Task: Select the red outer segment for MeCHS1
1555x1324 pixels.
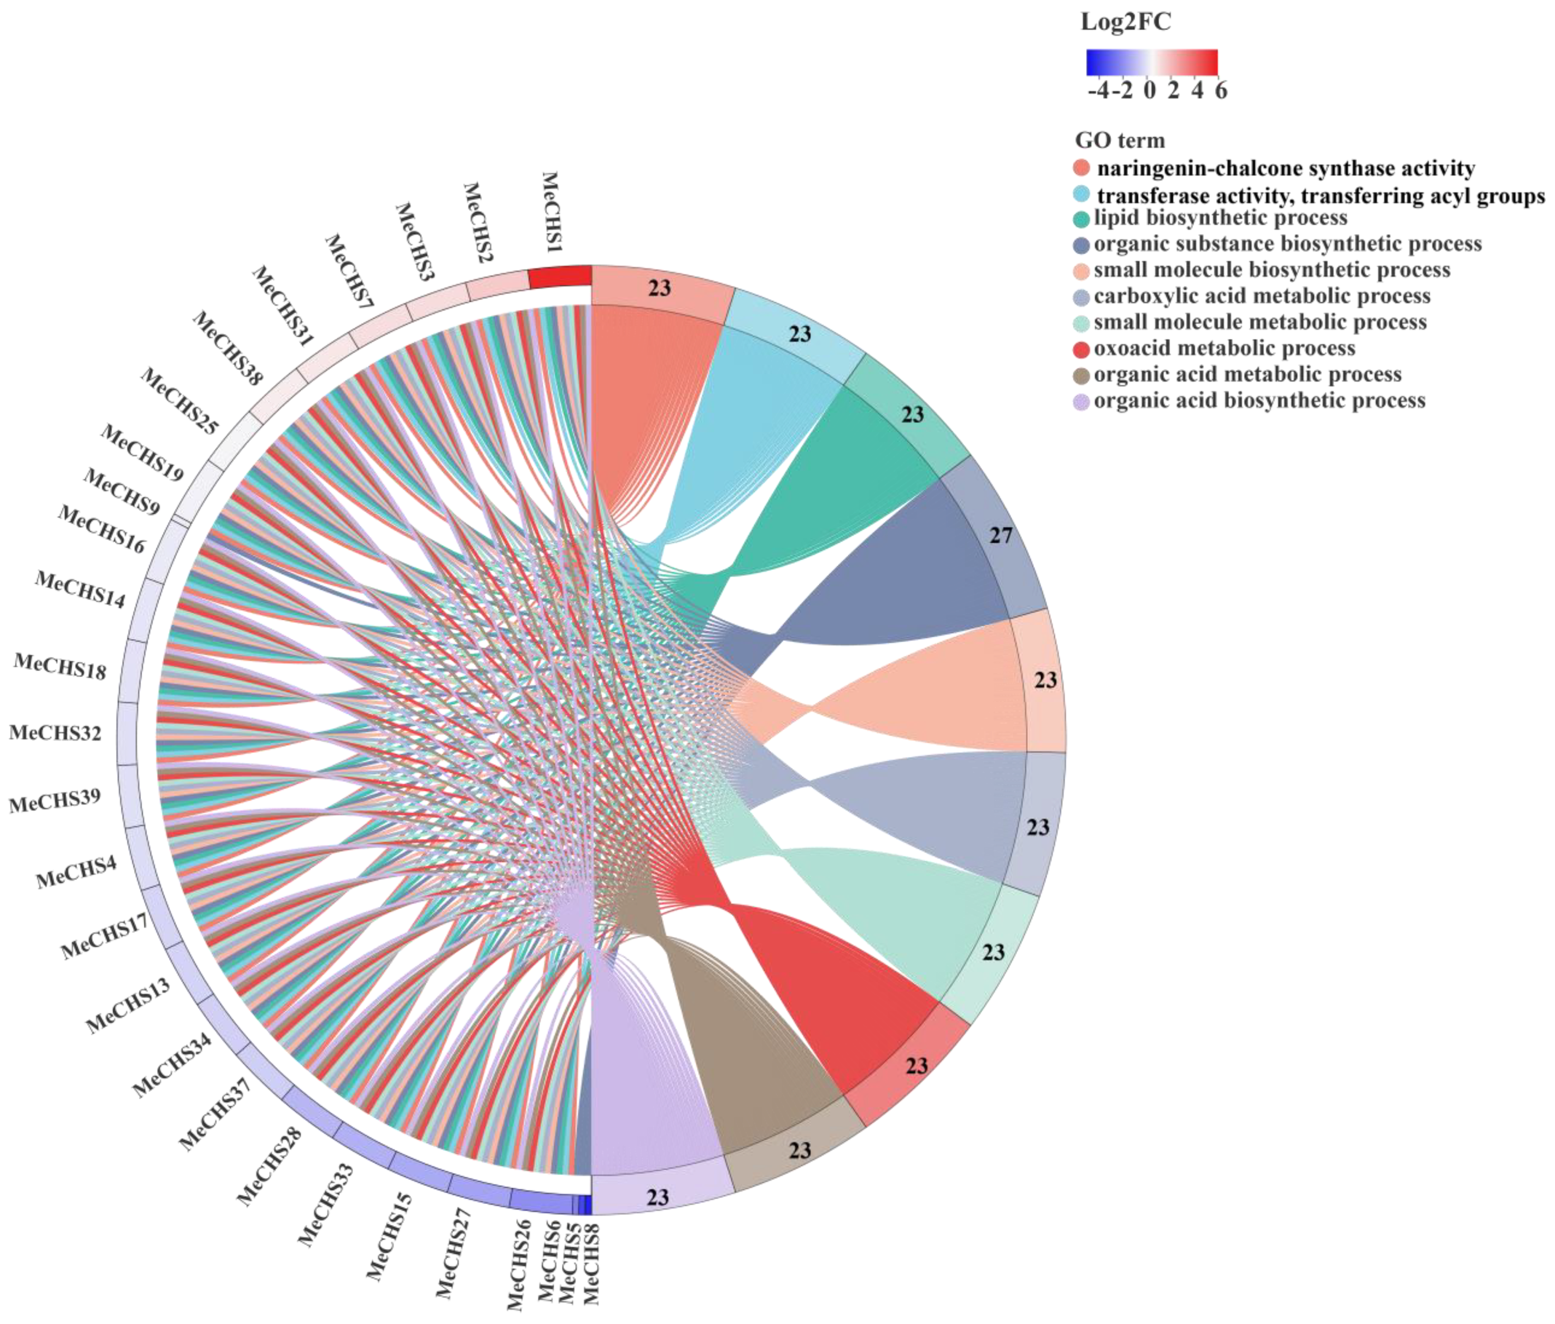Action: [x=560, y=276]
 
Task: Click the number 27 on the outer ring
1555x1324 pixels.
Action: [x=1001, y=535]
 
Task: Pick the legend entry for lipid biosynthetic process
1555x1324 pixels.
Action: [x=1220, y=218]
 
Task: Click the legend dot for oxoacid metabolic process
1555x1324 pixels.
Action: [x=1081, y=349]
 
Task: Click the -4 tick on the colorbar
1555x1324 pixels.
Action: [x=1098, y=91]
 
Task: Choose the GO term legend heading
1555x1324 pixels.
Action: [x=1119, y=140]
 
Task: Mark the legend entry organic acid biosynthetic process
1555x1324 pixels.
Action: [x=1259, y=400]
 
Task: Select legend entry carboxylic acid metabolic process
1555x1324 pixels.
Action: [x=1262, y=297]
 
